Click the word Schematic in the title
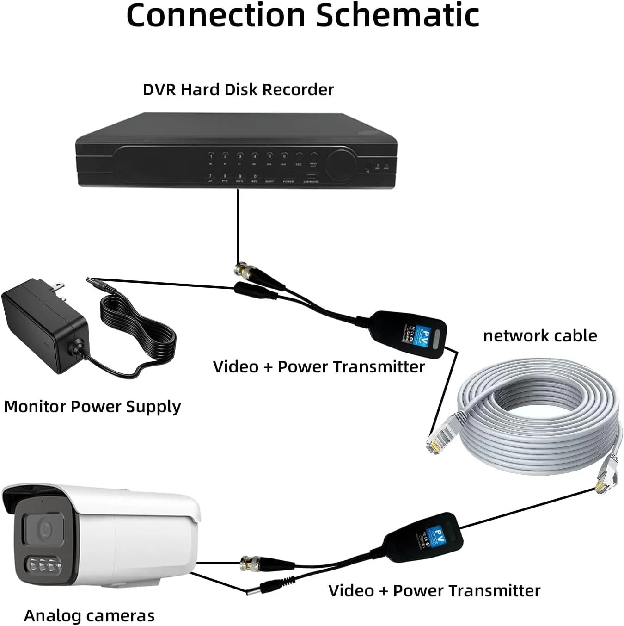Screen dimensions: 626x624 [398, 15]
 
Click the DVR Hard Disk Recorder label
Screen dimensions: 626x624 [238, 89]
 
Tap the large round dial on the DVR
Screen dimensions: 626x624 [342, 165]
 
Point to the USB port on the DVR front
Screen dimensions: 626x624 [311, 176]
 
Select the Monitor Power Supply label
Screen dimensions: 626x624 [92, 407]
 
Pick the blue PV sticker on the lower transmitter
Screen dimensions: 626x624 [435, 537]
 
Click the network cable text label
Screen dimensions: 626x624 [540, 335]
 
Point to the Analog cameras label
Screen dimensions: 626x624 [89, 616]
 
